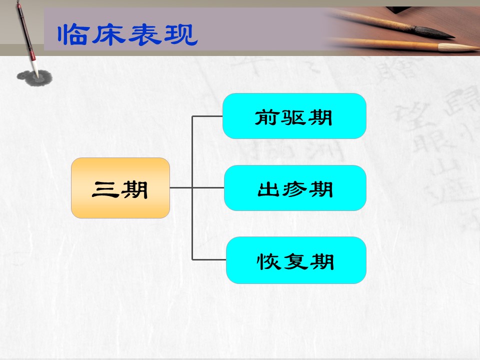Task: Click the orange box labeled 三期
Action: [120, 188]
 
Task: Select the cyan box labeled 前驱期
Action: [294, 116]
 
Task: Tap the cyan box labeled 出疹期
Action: [295, 188]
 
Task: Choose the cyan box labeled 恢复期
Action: [296, 260]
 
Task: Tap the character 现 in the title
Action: [180, 34]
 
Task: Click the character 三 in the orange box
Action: [105, 189]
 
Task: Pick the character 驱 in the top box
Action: [293, 118]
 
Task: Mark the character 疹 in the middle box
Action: [295, 189]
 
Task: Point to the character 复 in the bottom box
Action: [295, 261]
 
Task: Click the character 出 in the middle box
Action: [269, 189]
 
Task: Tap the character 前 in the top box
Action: [266, 118]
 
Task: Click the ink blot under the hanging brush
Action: [34, 78]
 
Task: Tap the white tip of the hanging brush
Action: [36, 70]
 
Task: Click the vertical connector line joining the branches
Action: [192, 188]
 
